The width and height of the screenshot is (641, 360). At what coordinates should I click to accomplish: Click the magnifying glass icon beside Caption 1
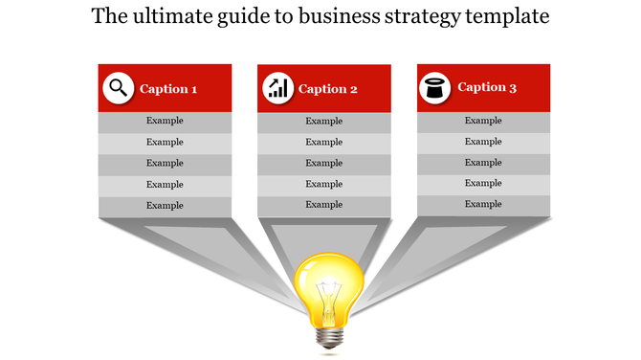(118, 88)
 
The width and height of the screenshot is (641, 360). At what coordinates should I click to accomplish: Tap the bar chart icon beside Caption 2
(276, 89)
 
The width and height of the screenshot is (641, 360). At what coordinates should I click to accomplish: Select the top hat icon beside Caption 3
(435, 88)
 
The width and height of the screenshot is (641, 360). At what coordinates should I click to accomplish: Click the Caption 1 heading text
(168, 89)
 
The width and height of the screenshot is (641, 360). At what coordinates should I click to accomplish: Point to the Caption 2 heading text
(328, 89)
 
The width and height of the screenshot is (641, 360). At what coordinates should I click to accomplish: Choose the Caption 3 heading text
(487, 87)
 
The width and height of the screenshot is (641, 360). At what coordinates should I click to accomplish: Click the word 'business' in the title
(342, 17)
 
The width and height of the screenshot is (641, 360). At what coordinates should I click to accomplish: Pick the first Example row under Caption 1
(165, 122)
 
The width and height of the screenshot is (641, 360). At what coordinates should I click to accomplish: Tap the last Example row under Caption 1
(165, 206)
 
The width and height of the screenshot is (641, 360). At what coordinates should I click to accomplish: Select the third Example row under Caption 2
(323, 164)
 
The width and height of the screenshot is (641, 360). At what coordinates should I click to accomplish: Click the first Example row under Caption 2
(323, 122)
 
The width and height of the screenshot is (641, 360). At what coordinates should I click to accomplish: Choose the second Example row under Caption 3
(483, 142)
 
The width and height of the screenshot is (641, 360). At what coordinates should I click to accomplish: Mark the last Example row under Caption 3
(483, 205)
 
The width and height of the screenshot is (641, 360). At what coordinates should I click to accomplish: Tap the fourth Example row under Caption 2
(323, 185)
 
